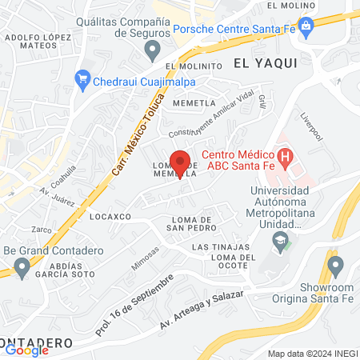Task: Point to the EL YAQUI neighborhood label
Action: click(265, 62)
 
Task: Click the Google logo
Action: click(27, 350)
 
